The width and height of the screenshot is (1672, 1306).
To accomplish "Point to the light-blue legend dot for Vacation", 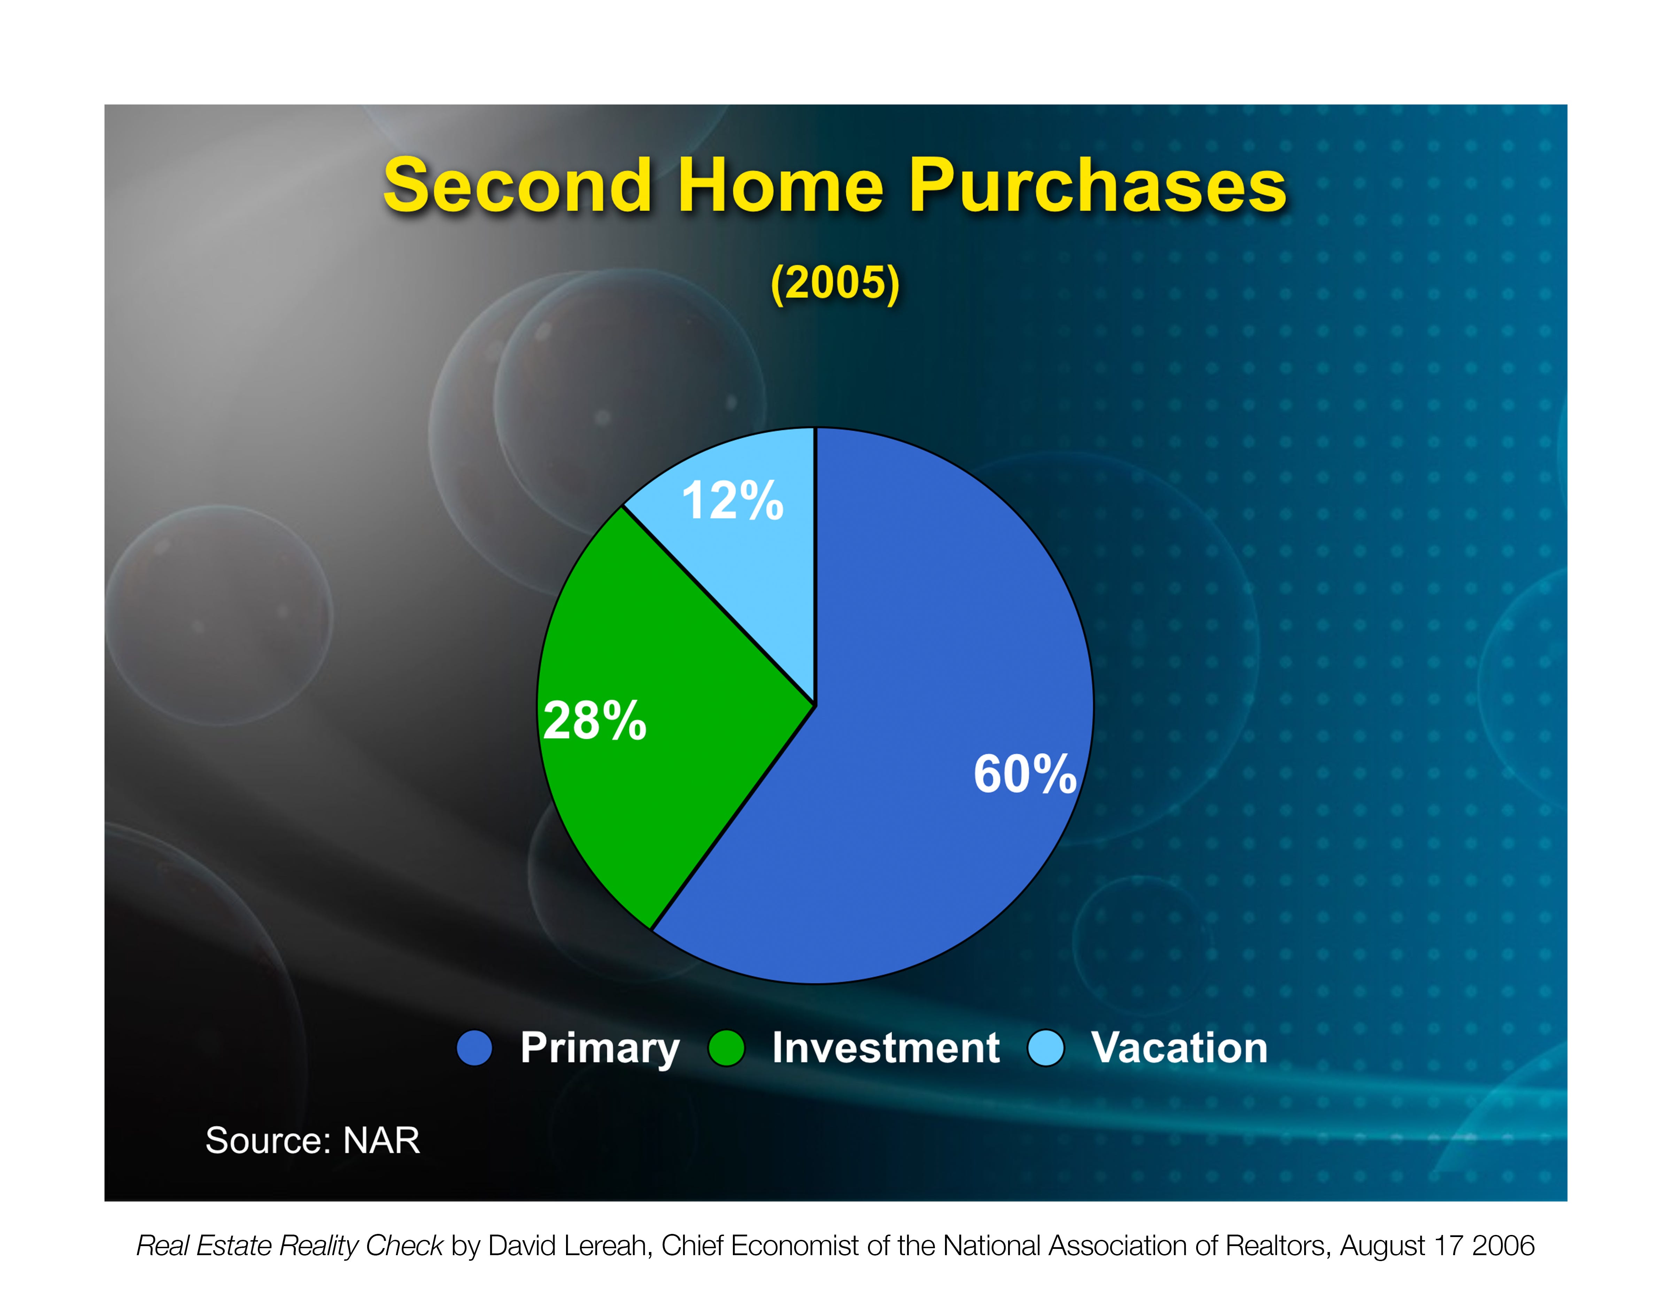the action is tap(1046, 1047).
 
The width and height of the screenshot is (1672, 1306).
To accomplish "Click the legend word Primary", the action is tap(599, 1048).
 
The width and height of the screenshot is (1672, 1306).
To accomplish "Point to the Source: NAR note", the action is tap(312, 1141).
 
